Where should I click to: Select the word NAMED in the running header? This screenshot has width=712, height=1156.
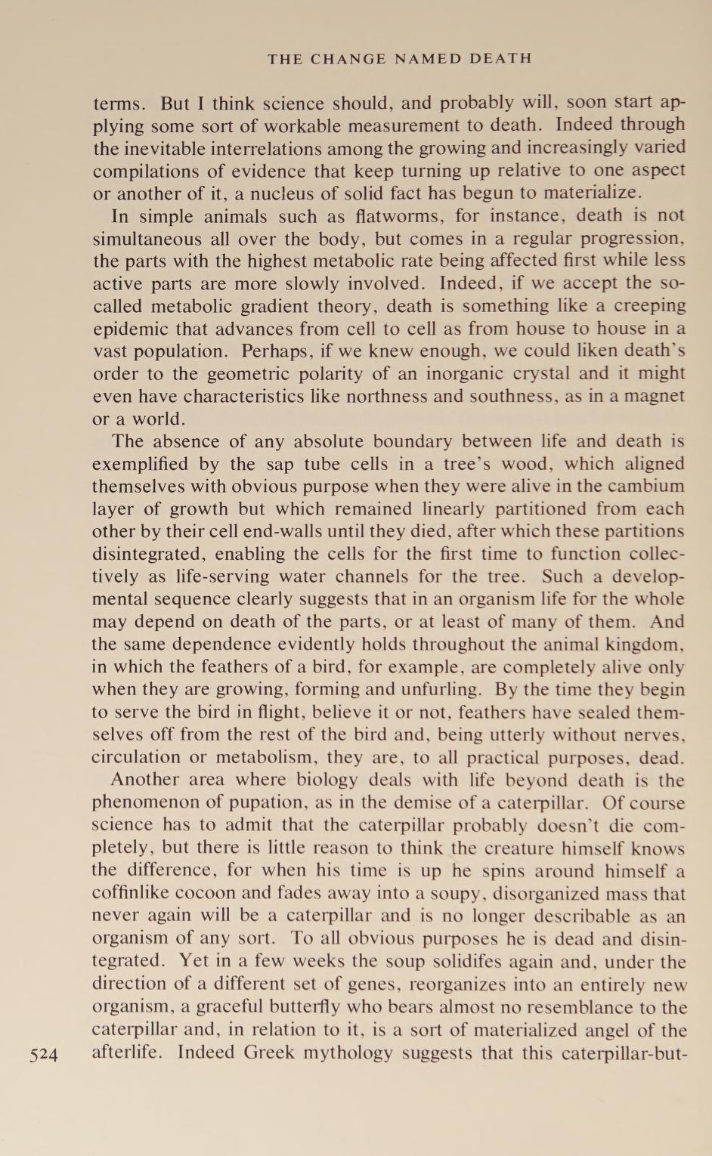pos(428,58)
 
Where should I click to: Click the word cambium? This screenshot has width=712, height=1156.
pos(648,486)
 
